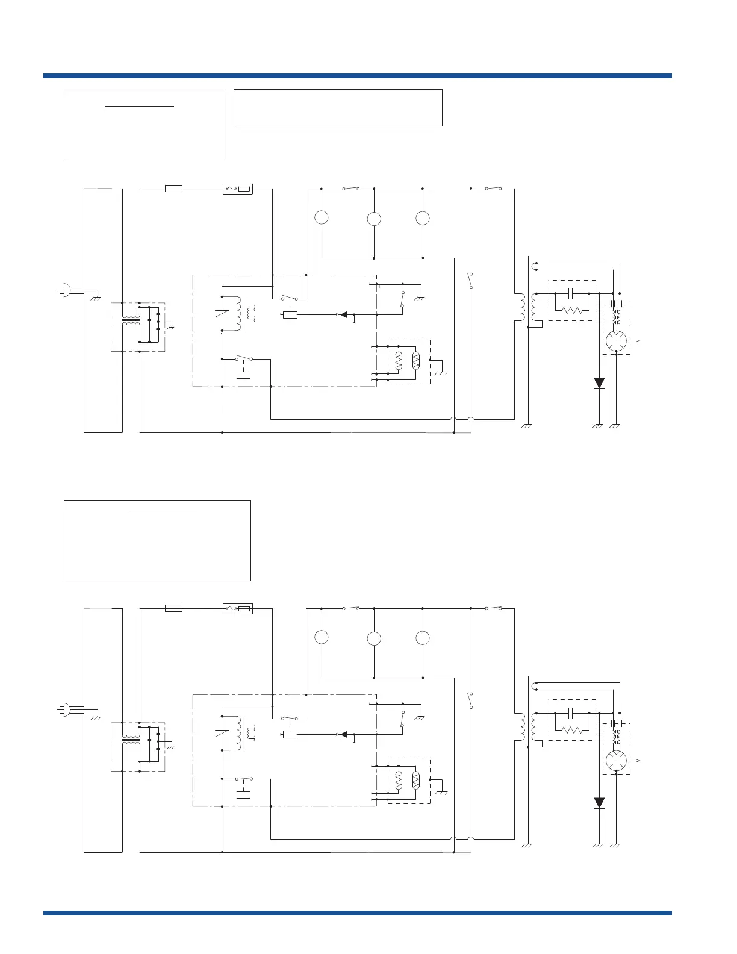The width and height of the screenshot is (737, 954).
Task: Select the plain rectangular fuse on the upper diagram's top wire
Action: [173, 189]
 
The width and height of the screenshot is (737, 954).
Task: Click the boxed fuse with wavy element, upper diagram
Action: [238, 189]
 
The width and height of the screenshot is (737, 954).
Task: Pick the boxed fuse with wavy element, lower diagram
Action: [238, 608]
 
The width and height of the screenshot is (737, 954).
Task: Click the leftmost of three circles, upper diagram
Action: [322, 217]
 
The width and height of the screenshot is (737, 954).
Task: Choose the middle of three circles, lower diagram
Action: [374, 638]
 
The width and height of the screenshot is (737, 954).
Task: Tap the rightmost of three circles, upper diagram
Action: [423, 217]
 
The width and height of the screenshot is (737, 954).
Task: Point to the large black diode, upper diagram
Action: [599, 383]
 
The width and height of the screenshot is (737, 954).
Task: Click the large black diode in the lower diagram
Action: [599, 803]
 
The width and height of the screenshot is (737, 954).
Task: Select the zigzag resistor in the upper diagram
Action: [572, 310]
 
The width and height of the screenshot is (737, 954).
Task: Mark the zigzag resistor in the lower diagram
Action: [572, 730]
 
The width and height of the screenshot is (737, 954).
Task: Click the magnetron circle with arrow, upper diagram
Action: [616, 341]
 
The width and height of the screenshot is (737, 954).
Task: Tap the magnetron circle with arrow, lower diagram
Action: [616, 761]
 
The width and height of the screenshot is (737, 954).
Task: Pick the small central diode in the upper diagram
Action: [343, 314]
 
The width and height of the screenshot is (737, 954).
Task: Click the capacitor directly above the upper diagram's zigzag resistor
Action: [572, 293]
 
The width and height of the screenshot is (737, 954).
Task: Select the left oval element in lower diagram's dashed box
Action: [399, 781]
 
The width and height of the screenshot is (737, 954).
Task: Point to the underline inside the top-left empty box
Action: [140, 106]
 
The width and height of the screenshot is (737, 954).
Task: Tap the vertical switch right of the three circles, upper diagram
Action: [470, 281]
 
